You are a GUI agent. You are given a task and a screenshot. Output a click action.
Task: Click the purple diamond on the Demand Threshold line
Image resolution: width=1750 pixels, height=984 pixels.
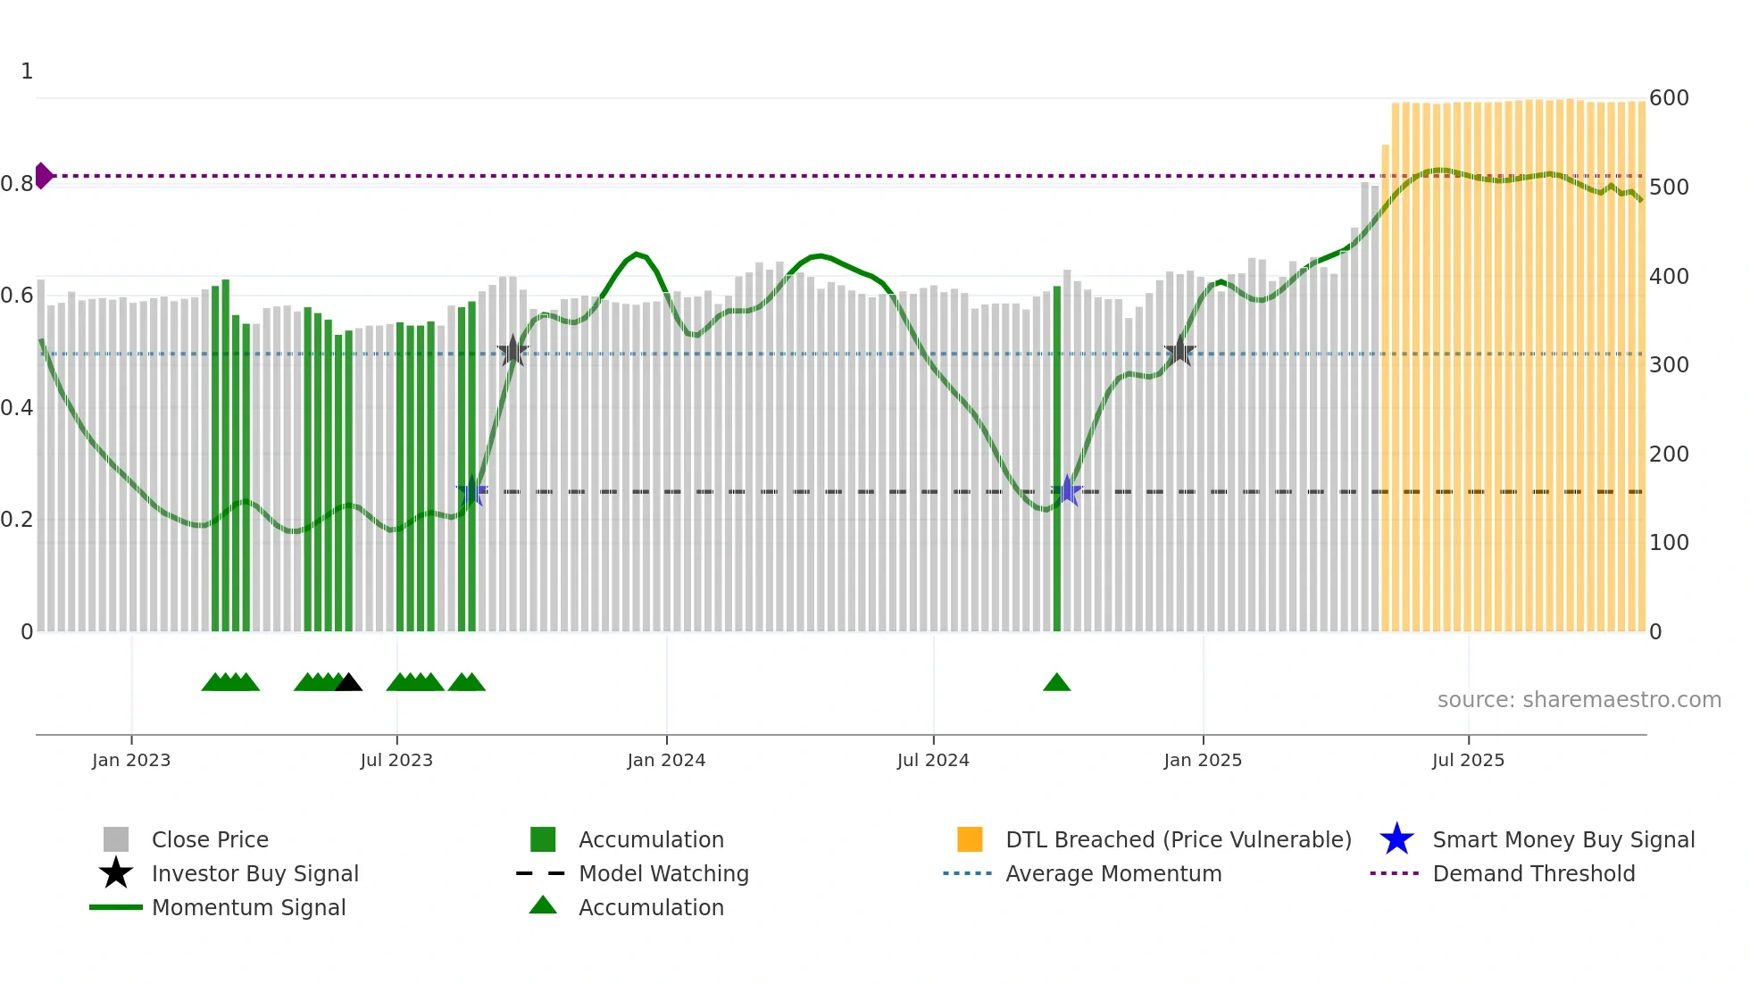point(43,176)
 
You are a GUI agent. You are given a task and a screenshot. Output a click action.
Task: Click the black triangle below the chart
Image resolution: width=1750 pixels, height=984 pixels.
point(348,683)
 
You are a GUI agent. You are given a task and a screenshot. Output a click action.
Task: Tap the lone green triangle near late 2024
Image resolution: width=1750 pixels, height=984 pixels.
point(1056,683)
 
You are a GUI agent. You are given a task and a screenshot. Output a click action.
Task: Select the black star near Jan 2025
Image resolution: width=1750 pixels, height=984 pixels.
point(1179,352)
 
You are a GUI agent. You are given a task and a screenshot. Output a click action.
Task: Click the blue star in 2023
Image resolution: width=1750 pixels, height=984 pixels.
point(471,491)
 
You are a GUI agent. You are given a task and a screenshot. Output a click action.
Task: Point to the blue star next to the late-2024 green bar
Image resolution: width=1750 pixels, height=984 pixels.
point(1067,491)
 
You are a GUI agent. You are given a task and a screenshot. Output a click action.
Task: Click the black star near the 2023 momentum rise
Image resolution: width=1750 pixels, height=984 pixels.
point(512,352)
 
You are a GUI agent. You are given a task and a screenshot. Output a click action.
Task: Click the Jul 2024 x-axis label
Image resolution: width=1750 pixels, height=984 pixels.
point(933,760)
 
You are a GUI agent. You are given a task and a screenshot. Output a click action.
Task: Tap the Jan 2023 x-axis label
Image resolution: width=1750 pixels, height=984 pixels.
point(131,760)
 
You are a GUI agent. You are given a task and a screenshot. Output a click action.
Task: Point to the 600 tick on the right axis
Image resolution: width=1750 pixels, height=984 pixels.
point(1669,98)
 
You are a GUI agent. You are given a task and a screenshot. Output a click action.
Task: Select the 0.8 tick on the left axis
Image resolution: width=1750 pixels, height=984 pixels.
point(17,184)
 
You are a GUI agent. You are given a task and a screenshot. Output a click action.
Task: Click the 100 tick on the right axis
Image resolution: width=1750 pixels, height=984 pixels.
point(1669,543)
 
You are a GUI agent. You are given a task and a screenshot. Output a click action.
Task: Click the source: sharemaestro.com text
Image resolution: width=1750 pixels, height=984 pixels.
point(1579,700)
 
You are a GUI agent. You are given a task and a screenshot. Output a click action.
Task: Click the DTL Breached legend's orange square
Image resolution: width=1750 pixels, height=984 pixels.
point(970,839)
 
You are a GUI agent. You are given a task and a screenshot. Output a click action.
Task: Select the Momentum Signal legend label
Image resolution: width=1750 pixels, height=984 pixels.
point(248,908)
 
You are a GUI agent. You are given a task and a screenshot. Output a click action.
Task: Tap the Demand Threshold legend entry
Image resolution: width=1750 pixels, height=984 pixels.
point(1533,874)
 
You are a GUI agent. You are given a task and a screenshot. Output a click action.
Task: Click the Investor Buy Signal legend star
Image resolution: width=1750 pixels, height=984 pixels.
point(116,873)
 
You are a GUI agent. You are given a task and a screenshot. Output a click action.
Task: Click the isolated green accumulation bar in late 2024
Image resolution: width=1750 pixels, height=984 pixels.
point(1057,460)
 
